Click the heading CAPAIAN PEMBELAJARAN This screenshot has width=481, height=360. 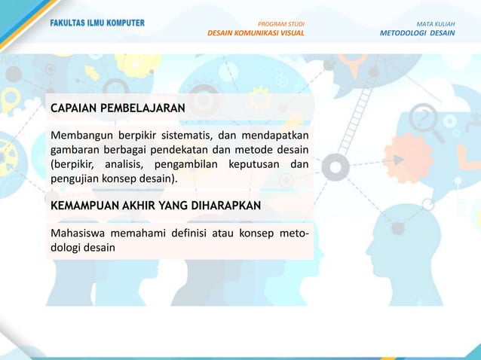(118, 108)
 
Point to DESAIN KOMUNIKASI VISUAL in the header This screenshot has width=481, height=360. (256, 34)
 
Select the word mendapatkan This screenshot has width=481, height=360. (274, 136)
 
